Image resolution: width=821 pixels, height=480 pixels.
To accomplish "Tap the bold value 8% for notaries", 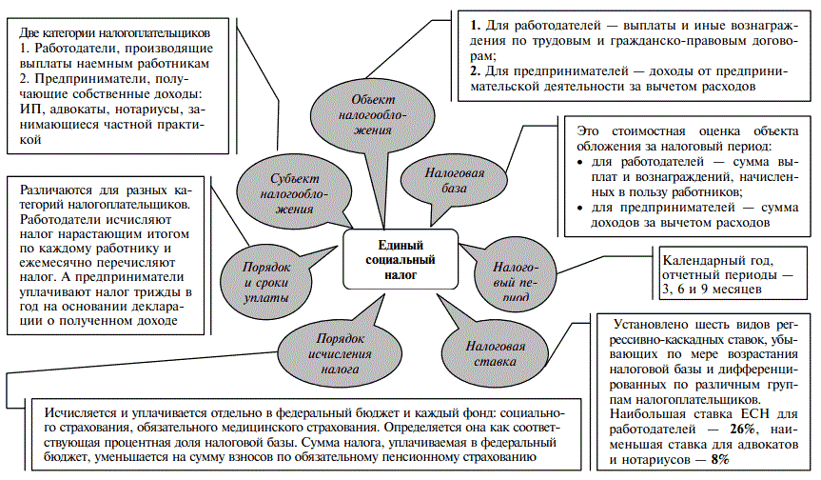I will [719, 459].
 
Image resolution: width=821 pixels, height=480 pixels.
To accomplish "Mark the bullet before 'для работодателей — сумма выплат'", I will [581, 164].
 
